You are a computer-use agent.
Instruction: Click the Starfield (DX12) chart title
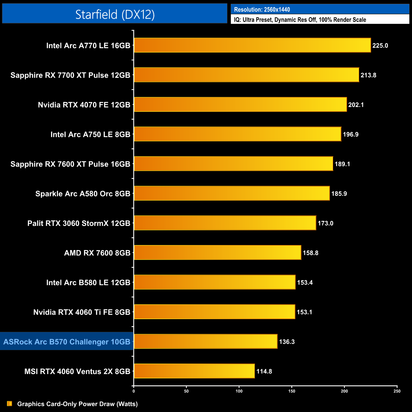(115, 14)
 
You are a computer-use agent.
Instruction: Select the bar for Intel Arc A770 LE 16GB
(252, 45)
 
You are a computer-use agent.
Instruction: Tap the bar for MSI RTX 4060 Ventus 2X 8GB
(194, 371)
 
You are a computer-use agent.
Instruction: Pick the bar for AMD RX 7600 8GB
(217, 253)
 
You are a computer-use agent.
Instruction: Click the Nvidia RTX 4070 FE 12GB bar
(240, 105)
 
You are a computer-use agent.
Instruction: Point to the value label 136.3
(287, 342)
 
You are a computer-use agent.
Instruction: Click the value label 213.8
(368, 75)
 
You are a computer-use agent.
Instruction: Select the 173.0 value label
(325, 223)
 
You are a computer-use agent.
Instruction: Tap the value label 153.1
(304, 312)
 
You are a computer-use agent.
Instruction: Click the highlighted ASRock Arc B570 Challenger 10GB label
(67, 342)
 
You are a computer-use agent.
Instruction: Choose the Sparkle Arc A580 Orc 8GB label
(83, 194)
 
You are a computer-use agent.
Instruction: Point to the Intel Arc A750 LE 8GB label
(90, 134)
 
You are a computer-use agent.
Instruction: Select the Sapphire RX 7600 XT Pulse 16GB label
(70, 164)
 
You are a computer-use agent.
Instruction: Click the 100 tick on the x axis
(239, 391)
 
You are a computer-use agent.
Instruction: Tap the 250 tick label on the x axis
(397, 391)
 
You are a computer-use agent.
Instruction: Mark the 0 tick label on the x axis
(134, 391)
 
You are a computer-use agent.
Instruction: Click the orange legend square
(10, 403)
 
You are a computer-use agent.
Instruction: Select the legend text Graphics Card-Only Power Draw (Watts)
(77, 404)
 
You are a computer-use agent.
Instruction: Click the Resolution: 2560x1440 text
(262, 10)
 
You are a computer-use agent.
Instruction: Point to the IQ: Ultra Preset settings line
(300, 20)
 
